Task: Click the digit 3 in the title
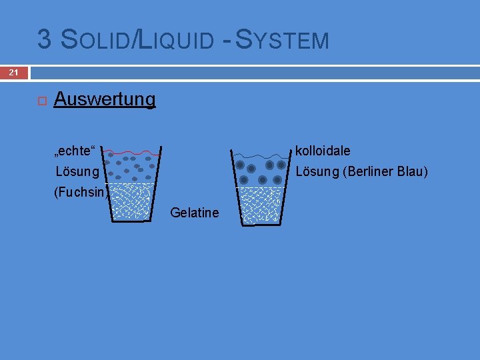click(45, 39)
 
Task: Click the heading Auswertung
click(105, 100)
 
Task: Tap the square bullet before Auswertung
click(41, 101)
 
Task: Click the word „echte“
click(76, 151)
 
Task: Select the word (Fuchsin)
click(81, 193)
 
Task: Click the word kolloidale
click(323, 151)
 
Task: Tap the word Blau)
click(412, 172)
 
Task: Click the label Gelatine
click(194, 213)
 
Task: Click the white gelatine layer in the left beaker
click(131, 202)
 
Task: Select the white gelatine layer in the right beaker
click(261, 205)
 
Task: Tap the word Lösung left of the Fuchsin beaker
click(77, 172)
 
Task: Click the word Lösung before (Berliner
click(317, 172)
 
